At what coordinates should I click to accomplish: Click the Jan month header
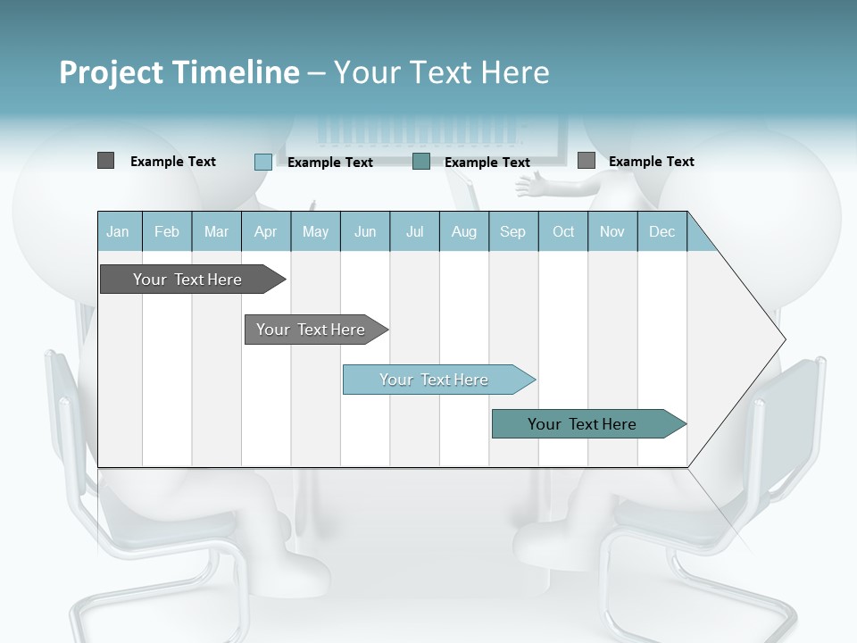click(x=119, y=231)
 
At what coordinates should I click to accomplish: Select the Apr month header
click(x=266, y=231)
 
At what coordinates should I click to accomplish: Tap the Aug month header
click(x=464, y=231)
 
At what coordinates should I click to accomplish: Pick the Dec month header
click(x=662, y=231)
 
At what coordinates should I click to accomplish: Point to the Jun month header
click(x=365, y=231)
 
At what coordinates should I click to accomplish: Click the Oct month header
click(x=563, y=231)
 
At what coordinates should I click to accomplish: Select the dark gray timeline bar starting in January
click(x=188, y=280)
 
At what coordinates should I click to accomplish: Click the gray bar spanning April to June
click(x=312, y=330)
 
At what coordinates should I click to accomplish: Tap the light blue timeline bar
click(x=435, y=380)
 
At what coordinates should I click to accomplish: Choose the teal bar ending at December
click(x=583, y=424)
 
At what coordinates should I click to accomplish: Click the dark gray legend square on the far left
click(x=105, y=161)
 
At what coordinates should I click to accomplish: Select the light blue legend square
click(x=262, y=162)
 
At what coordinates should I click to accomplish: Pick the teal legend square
click(x=421, y=162)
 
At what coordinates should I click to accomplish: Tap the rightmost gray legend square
click(x=586, y=161)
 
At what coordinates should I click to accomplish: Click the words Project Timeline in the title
click(x=179, y=72)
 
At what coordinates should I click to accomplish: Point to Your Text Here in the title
click(x=441, y=72)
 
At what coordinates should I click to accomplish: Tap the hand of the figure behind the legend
click(x=531, y=187)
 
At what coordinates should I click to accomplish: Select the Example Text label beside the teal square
click(x=487, y=163)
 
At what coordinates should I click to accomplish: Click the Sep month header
click(x=513, y=231)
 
